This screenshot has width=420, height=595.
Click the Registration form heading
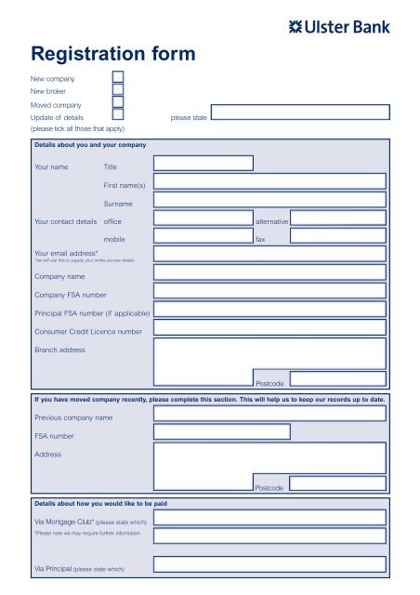[x=112, y=54]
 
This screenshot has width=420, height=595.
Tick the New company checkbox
[x=118, y=78]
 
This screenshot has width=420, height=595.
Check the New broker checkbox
[x=118, y=91]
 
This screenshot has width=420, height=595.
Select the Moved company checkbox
[x=118, y=104]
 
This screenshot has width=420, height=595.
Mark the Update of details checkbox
[x=118, y=117]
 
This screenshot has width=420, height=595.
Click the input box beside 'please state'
[x=303, y=112]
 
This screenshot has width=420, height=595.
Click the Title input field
[x=203, y=164]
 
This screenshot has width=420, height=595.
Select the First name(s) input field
[x=269, y=181]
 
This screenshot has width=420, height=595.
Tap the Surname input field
[x=269, y=200]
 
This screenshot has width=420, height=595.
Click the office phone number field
[x=203, y=218]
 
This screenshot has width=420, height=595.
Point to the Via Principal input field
[x=269, y=563]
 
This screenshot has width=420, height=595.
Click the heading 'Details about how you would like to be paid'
[x=100, y=503]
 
